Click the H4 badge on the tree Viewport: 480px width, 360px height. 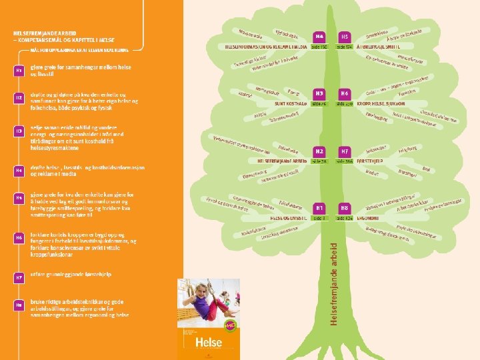320,37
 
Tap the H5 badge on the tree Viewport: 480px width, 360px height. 345,37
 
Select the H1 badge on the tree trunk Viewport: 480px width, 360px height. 320,208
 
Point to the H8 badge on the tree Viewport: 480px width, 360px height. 345,208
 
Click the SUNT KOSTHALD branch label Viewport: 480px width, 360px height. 292,104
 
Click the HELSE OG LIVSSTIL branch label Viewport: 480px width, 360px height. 289,218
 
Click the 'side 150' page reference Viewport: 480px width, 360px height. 320,47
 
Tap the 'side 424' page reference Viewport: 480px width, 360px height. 345,218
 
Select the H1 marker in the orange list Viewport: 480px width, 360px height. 19,70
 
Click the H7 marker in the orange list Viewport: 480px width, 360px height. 19,275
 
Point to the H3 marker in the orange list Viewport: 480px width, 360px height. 19,131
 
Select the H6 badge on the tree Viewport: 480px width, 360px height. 345,94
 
